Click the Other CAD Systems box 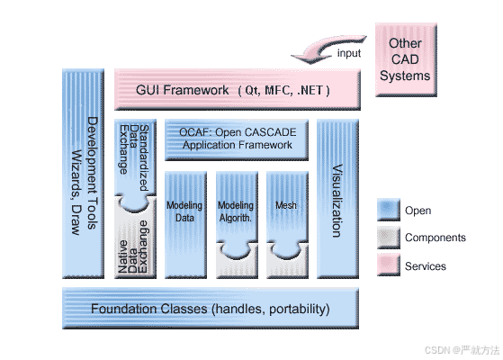click(x=404, y=59)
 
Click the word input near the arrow click(x=349, y=54)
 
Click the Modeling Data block click(x=184, y=212)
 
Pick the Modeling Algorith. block click(x=236, y=212)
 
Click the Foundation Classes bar click(x=211, y=309)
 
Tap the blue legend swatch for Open click(x=387, y=211)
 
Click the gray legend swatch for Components click(x=387, y=238)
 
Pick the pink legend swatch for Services click(x=387, y=265)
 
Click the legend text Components click(x=436, y=238)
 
